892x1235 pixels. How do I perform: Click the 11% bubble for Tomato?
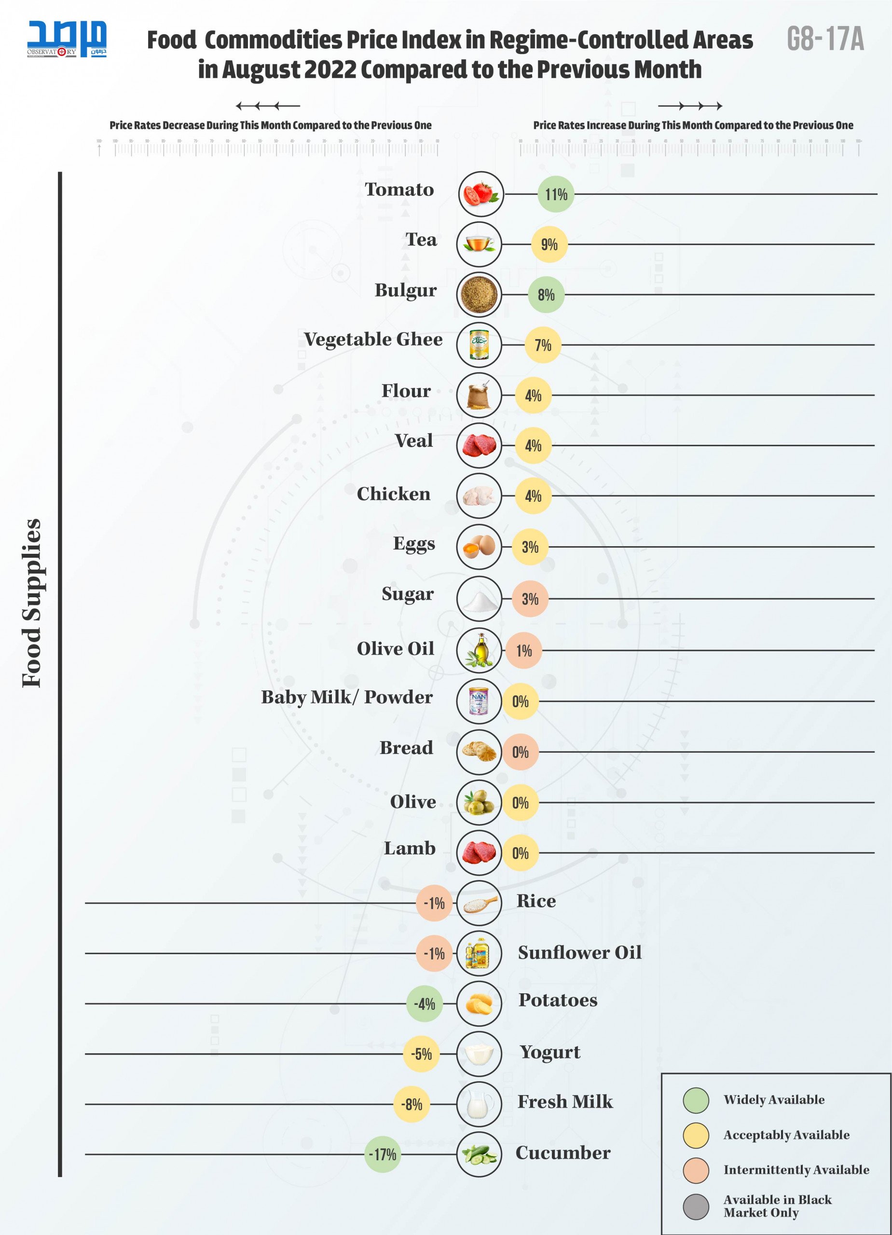(x=555, y=194)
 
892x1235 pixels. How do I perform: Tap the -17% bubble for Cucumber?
(x=382, y=1154)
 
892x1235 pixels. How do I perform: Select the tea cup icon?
(x=479, y=244)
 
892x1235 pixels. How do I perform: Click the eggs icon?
(x=479, y=546)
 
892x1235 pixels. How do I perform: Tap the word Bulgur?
(x=405, y=290)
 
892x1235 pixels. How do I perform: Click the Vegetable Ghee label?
(x=373, y=339)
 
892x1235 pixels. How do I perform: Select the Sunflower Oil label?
(x=579, y=952)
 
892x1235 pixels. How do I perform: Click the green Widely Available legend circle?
(x=696, y=1099)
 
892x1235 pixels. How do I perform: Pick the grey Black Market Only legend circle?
(x=696, y=1206)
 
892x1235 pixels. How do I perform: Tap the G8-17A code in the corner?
(x=825, y=39)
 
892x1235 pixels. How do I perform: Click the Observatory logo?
(x=67, y=39)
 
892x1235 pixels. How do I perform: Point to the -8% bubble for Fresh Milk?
(x=412, y=1104)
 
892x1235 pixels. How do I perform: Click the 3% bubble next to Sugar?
(x=530, y=599)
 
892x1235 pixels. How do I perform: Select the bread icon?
(x=479, y=752)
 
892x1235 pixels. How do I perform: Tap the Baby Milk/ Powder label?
(x=347, y=697)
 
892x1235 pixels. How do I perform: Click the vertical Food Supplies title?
(x=31, y=603)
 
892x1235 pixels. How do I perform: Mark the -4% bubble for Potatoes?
(x=424, y=1003)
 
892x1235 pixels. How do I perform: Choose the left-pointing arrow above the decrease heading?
(x=267, y=106)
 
